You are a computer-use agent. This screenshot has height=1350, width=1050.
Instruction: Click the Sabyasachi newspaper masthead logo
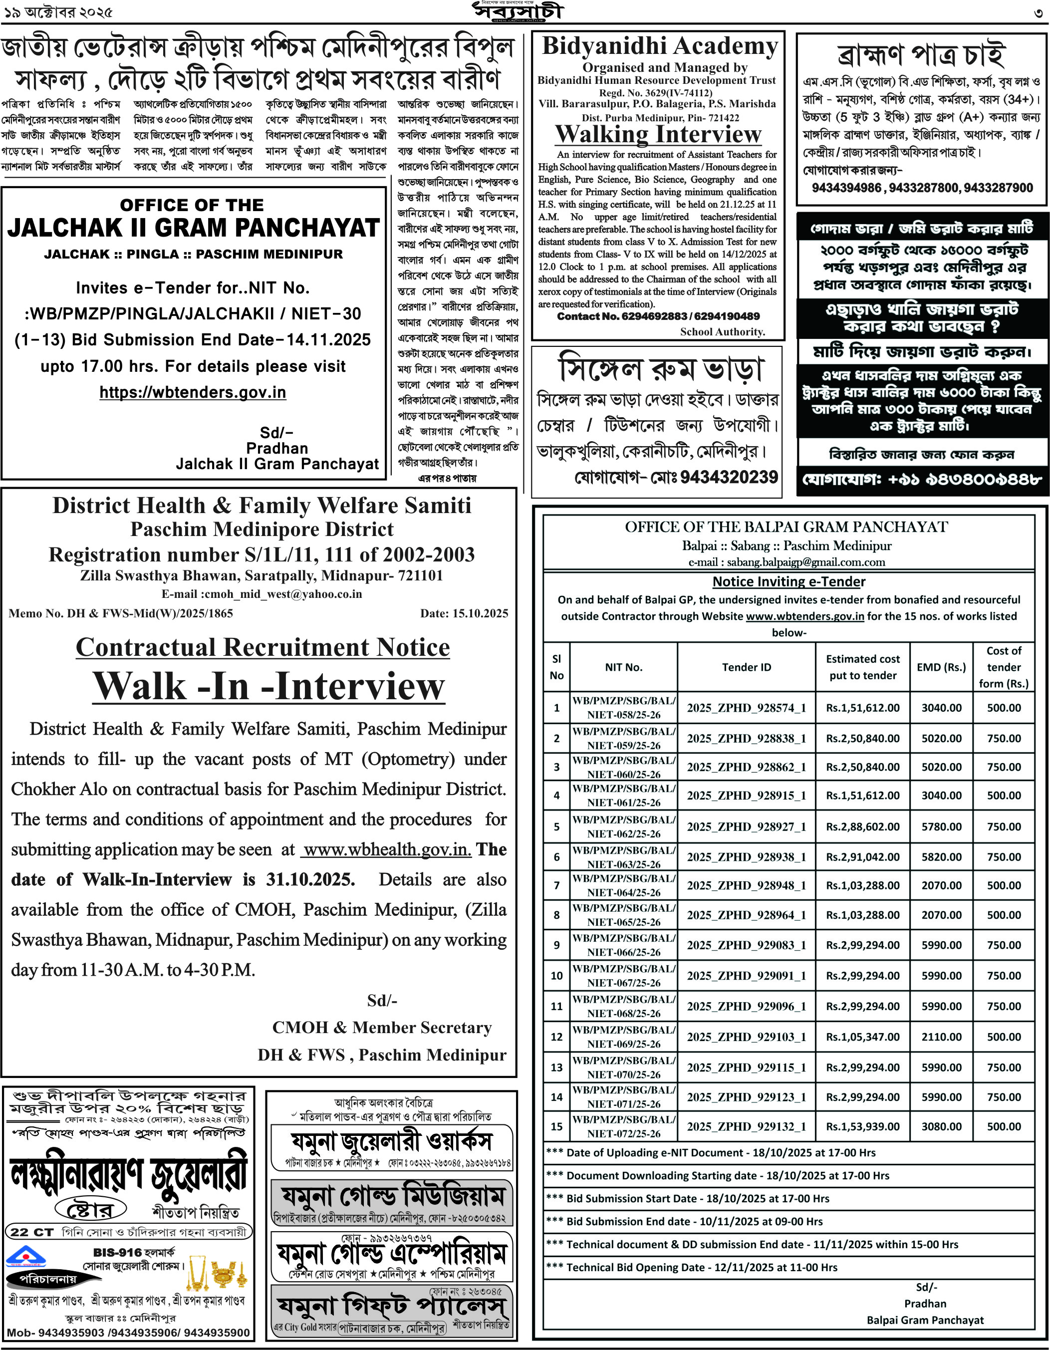[518, 11]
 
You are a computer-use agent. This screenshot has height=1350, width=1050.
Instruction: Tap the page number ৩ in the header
[1038, 12]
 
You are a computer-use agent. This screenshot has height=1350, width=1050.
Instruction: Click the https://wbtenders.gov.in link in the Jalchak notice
[193, 392]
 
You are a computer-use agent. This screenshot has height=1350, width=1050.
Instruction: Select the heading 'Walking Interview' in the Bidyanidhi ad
[658, 134]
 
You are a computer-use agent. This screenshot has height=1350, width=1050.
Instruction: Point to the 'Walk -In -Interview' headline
[269, 686]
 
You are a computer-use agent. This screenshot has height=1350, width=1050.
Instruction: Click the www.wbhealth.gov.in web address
[387, 849]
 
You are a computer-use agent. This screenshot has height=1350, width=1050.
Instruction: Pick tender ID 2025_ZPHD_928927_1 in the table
[747, 826]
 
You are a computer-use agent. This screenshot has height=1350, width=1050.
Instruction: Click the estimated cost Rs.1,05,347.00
[863, 1037]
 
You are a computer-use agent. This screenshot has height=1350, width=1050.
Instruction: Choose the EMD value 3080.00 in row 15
[941, 1126]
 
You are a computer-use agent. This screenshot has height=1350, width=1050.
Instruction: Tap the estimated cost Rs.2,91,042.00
[863, 857]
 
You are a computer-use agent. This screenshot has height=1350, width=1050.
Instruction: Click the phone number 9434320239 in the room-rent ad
[729, 477]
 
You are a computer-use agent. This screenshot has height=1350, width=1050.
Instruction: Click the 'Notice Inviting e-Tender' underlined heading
[788, 581]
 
